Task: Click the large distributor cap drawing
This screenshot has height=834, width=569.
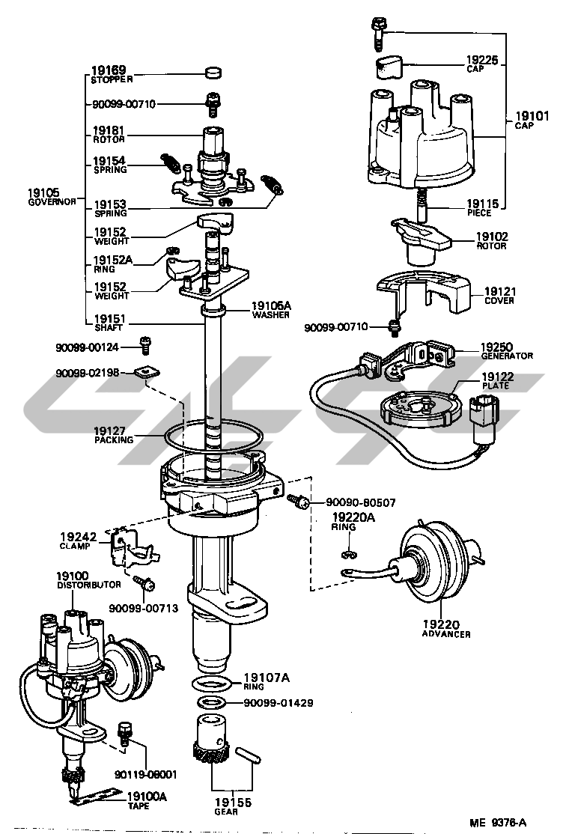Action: point(422,135)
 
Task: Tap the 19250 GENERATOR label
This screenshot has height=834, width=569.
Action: point(506,351)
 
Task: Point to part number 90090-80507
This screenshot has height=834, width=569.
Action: point(360,502)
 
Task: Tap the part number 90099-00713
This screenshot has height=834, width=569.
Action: point(143,608)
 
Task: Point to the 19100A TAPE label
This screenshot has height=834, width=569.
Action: point(147,800)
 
